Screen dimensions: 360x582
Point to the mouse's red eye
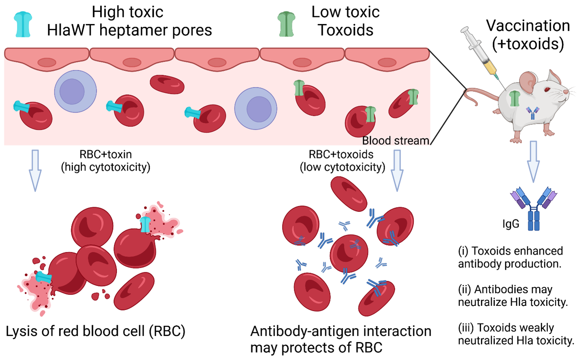[547, 89]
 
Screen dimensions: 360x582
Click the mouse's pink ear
[527, 82]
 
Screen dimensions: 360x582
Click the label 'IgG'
[511, 224]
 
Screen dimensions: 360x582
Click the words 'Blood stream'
[396, 141]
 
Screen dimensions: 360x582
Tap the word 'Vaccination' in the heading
[528, 26]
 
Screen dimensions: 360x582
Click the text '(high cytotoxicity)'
[106, 167]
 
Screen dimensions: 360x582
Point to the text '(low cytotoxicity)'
[342, 167]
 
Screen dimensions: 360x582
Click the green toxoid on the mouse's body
[515, 99]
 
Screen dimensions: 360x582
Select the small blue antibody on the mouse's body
[532, 113]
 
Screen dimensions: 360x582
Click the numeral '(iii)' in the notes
[466, 328]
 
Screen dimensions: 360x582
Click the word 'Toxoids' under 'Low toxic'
[346, 31]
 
